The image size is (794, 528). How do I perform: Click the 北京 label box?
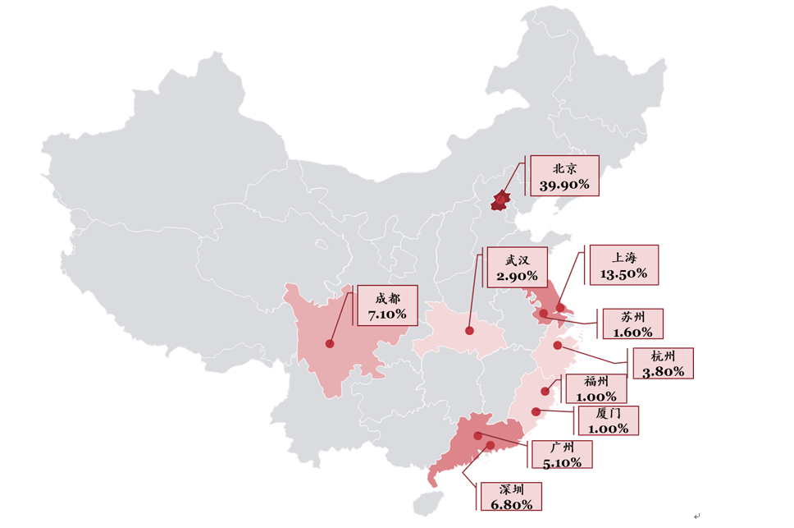[x=564, y=176]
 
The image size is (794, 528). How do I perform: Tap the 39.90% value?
[x=564, y=185]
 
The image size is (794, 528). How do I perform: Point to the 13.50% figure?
[x=624, y=274]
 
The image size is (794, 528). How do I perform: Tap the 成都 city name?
[x=387, y=298]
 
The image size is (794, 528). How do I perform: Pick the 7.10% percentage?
[x=387, y=315]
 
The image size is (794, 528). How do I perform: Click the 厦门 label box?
[x=608, y=420]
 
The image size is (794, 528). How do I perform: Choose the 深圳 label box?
[x=510, y=496]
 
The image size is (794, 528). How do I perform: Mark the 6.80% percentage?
[x=510, y=504]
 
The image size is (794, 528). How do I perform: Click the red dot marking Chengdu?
[x=330, y=343]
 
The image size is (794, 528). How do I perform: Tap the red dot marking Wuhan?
[x=469, y=331]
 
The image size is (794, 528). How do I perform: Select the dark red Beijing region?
[x=500, y=200]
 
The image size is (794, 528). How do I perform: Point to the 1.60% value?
[x=632, y=333]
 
